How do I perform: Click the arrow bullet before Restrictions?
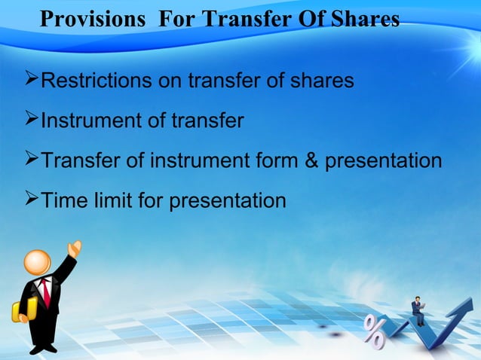tap(32, 79)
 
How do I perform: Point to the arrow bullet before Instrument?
tap(32, 120)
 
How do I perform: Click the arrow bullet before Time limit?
tap(32, 200)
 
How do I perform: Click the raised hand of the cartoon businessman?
tap(75, 248)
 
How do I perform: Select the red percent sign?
tap(375, 331)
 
